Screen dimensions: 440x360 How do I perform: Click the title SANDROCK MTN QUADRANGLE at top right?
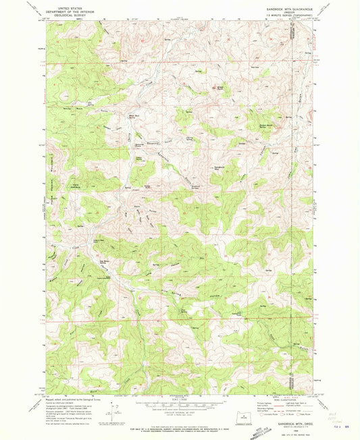click(284, 7)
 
